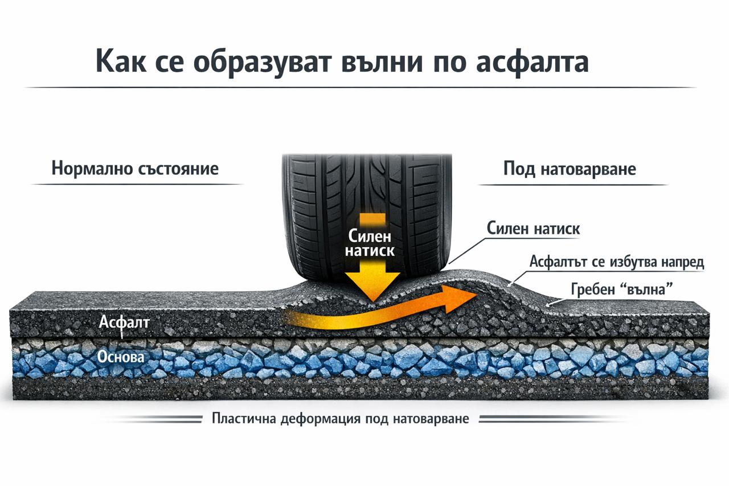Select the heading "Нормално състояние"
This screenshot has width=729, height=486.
135,169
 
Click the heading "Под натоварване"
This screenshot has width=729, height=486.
570,169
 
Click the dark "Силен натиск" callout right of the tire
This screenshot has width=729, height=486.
533,228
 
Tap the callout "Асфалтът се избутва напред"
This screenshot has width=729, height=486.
617,262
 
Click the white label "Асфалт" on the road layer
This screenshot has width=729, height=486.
124,322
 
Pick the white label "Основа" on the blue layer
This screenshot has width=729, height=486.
121,357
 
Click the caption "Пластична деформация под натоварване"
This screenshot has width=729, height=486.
341,419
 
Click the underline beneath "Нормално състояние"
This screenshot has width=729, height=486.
137,184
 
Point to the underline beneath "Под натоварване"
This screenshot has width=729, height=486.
572,185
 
